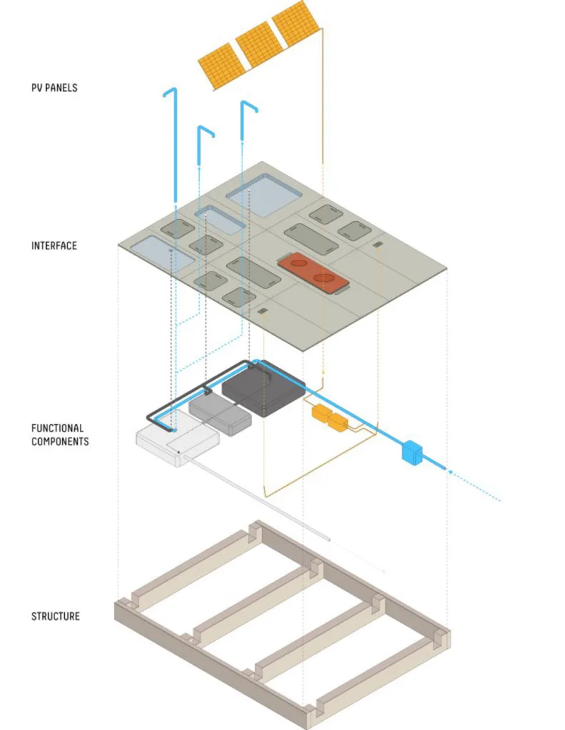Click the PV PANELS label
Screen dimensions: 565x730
pos(54,88)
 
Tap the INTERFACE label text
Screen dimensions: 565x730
pos(54,246)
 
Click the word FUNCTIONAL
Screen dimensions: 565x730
pos(57,428)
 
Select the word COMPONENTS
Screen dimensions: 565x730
pos(60,441)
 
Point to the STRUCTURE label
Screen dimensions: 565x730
pos(55,616)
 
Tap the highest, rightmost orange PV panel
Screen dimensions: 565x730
pos(295,23)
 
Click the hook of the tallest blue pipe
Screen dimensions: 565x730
pos(169,91)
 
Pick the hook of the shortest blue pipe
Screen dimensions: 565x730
pos(206,130)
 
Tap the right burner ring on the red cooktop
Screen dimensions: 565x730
pos(323,278)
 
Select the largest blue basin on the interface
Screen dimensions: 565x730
pos(264,195)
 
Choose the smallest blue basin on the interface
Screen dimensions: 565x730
pos(220,220)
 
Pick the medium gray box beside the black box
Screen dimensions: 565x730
pos(220,414)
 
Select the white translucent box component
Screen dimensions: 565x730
pos(177,438)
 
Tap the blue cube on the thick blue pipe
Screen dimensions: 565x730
pos(412,452)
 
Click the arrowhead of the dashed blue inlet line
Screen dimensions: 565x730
pos(451,472)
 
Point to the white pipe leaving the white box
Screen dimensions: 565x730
pos(257,498)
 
